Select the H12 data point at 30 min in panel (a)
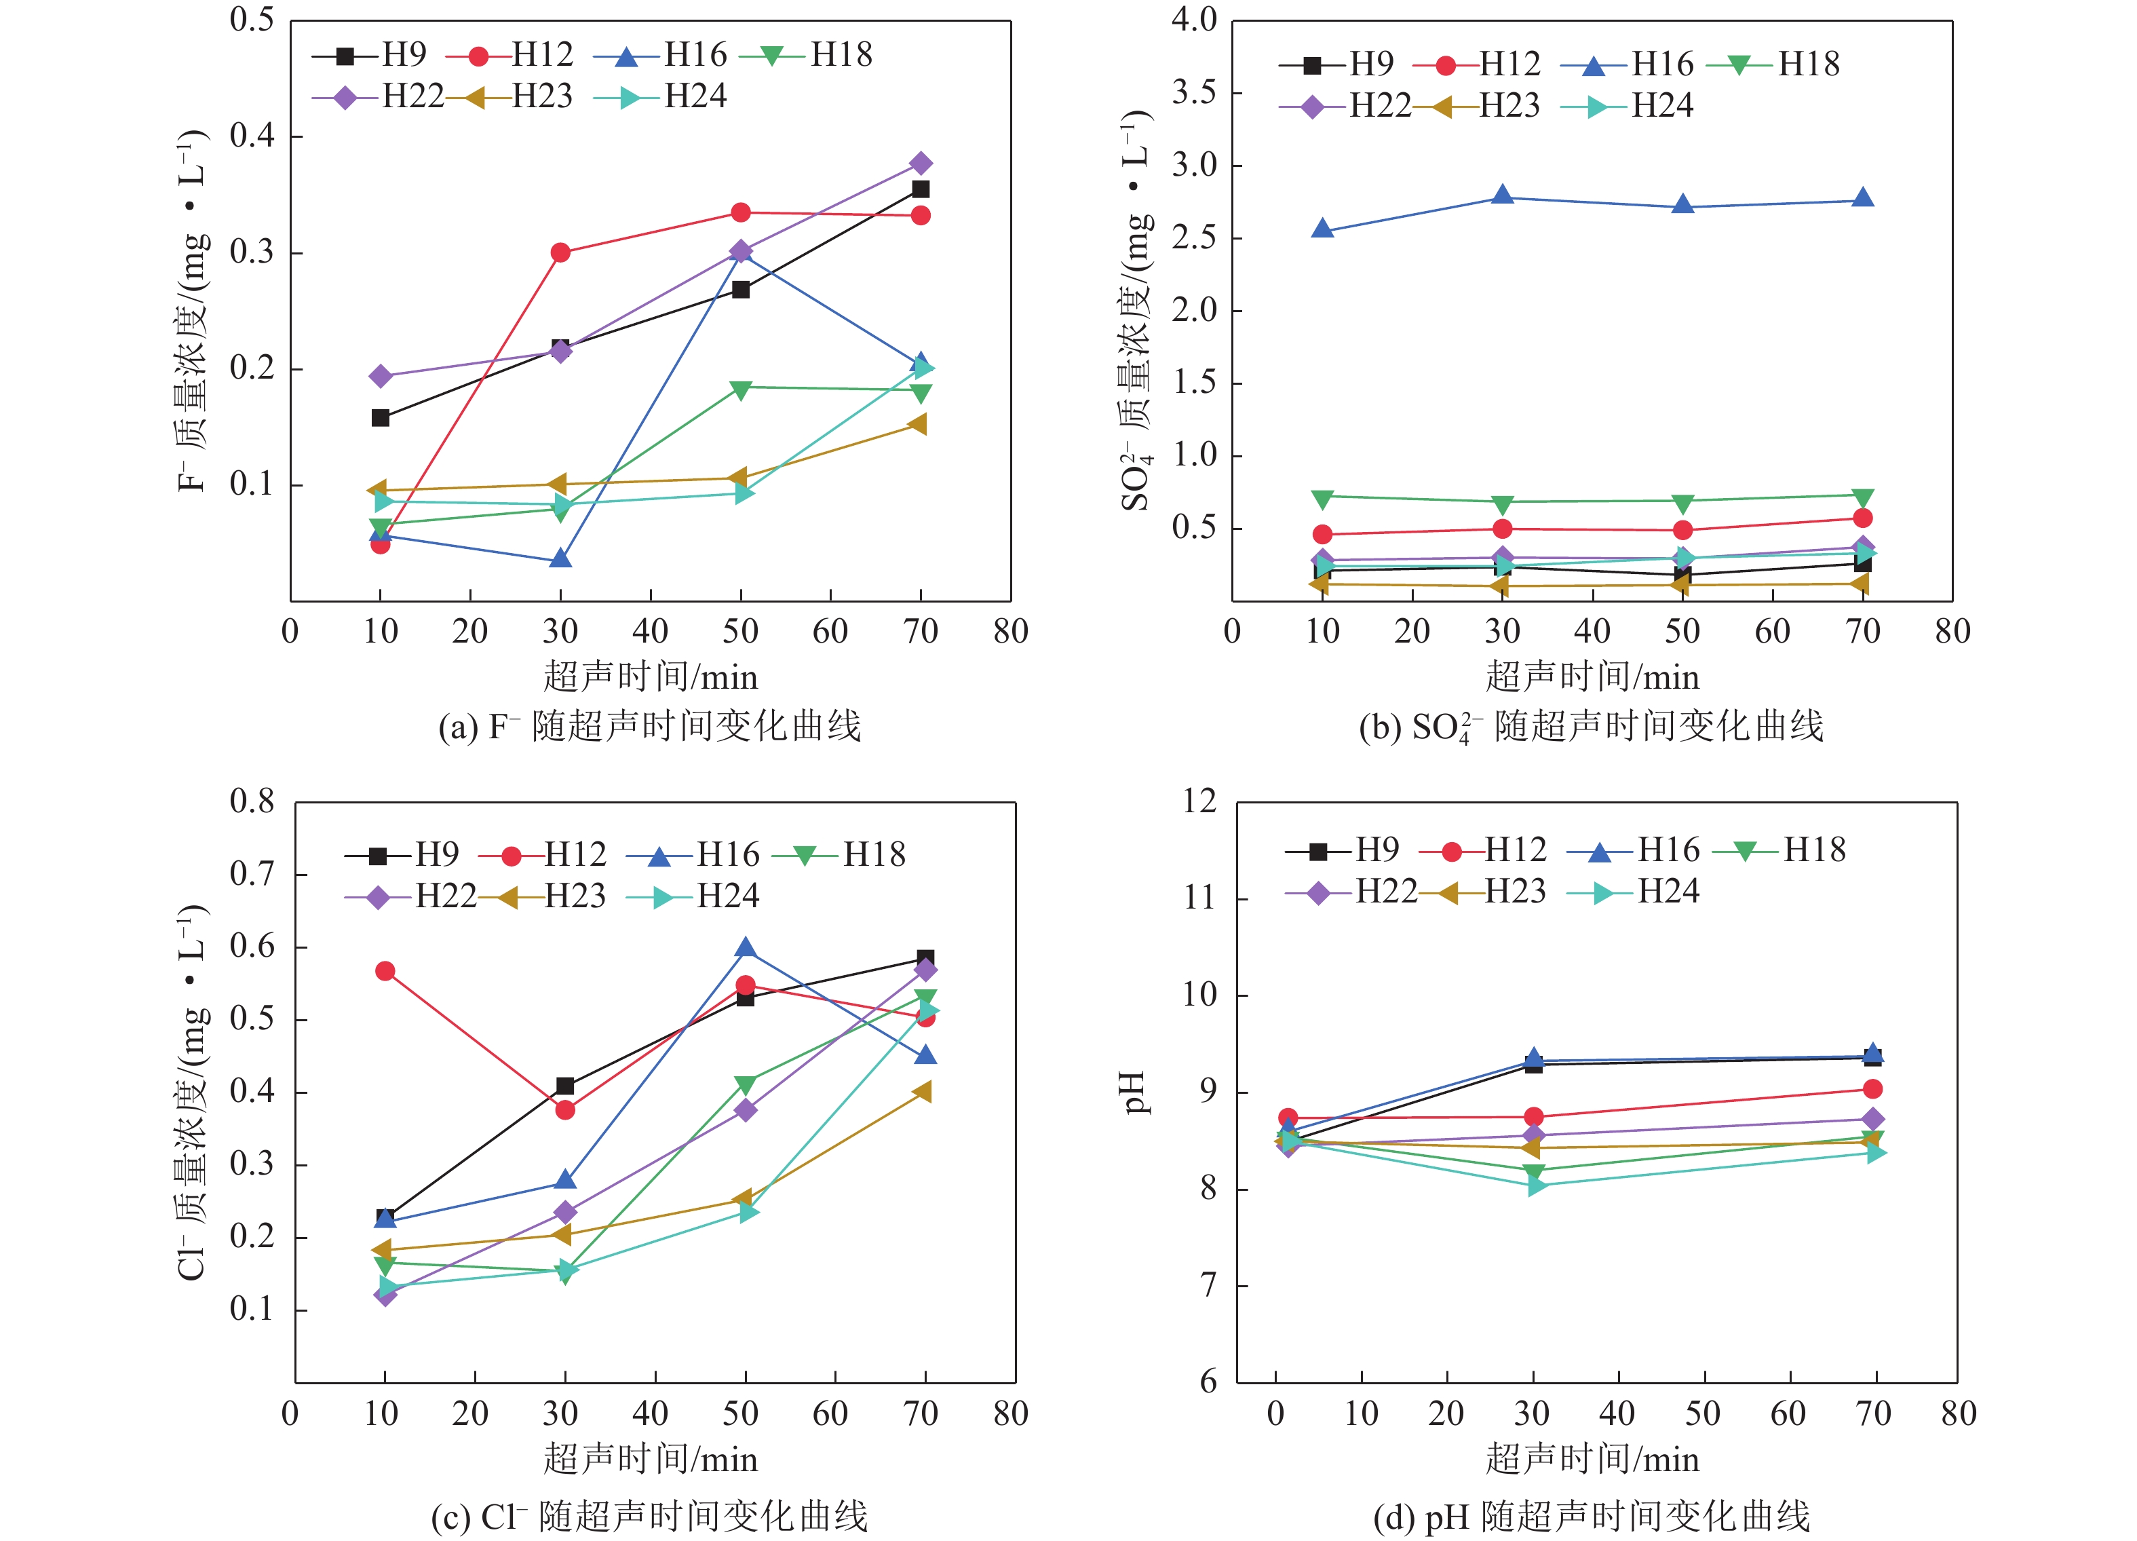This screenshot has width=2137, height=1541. click(x=560, y=252)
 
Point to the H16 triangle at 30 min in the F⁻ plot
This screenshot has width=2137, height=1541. click(x=560, y=559)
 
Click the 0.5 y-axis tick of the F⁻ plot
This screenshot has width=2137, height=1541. click(x=252, y=20)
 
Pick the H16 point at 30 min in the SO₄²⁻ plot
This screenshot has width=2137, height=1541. click(x=1503, y=196)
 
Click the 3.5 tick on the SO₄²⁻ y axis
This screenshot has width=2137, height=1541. click(x=1194, y=92)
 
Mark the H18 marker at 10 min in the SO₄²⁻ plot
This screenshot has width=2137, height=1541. click(x=1323, y=499)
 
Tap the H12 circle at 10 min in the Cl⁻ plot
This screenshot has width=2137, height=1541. click(x=385, y=971)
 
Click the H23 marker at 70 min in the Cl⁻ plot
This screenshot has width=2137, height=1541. click(x=923, y=1091)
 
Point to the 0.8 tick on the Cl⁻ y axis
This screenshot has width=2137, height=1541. click(x=252, y=802)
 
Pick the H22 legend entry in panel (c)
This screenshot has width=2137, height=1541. click(x=412, y=896)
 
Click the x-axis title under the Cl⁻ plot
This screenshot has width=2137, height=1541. click(x=650, y=1459)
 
